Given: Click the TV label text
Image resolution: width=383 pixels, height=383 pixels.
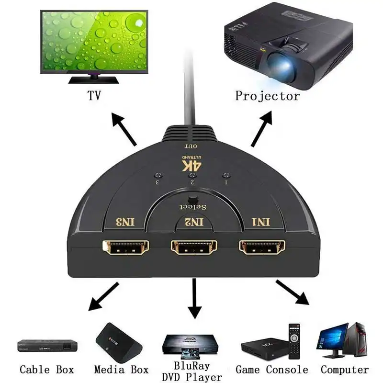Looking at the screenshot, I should pyautogui.click(x=94, y=96).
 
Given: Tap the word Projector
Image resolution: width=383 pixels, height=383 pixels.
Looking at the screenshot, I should pyautogui.click(x=267, y=96).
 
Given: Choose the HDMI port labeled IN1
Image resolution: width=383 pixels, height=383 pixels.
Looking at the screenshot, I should pyautogui.click(x=262, y=247).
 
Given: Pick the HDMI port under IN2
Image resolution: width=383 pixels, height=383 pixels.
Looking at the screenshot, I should pyautogui.click(x=194, y=247).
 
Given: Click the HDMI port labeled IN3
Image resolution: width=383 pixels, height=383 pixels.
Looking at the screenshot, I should pyautogui.click(x=126, y=247).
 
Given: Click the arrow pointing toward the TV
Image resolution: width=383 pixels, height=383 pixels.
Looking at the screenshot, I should pyautogui.click(x=124, y=130).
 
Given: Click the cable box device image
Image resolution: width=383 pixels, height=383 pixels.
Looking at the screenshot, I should pyautogui.click(x=47, y=345).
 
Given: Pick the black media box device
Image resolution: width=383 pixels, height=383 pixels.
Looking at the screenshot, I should pyautogui.click(x=119, y=342).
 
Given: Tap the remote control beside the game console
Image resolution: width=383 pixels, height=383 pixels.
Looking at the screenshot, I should pyautogui.click(x=294, y=340).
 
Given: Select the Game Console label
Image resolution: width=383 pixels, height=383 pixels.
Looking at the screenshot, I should pyautogui.click(x=271, y=370).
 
